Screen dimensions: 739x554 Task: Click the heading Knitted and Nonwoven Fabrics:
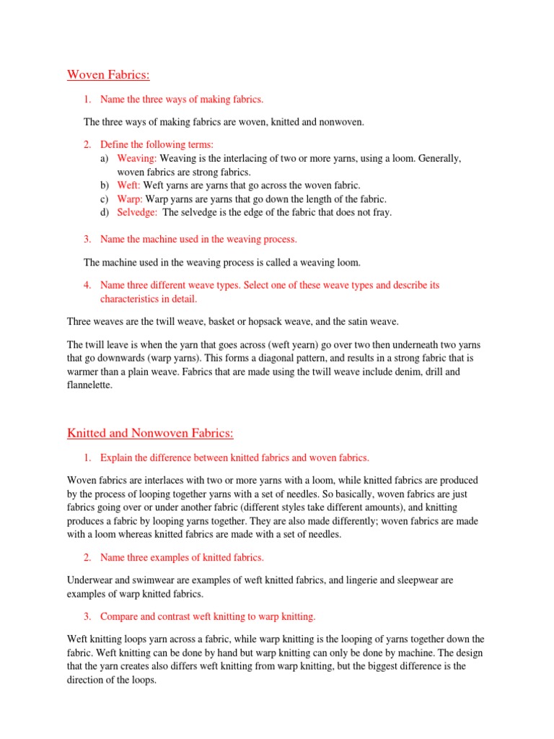point(151,433)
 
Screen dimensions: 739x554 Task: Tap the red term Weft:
point(129,185)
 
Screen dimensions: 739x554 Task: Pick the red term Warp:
point(131,199)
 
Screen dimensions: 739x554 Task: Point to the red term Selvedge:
point(137,213)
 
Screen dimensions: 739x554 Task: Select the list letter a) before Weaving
point(105,158)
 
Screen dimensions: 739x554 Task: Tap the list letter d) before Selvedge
point(105,213)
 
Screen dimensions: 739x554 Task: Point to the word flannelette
point(89,385)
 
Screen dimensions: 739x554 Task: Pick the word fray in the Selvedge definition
point(381,213)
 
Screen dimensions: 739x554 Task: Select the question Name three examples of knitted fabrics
point(182,558)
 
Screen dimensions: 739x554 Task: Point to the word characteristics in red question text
point(127,299)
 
